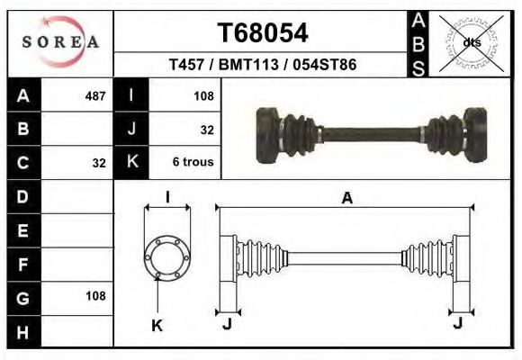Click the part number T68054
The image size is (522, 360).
pos(263,33)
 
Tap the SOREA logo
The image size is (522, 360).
pos(60,42)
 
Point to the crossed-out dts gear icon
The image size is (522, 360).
pos(472,42)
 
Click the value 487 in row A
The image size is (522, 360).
pos(94,95)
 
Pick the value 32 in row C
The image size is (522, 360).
pos(99,164)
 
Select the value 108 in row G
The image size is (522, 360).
pos(94,296)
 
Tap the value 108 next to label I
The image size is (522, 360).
pos(203,95)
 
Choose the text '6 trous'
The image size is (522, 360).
pos(192,163)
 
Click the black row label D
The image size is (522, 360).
pos(23,195)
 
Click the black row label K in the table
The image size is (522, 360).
pos(131,163)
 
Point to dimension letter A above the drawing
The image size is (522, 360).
pos(346,199)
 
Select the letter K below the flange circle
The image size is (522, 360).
pos(157,326)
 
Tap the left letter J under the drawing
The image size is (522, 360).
pos(227,324)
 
